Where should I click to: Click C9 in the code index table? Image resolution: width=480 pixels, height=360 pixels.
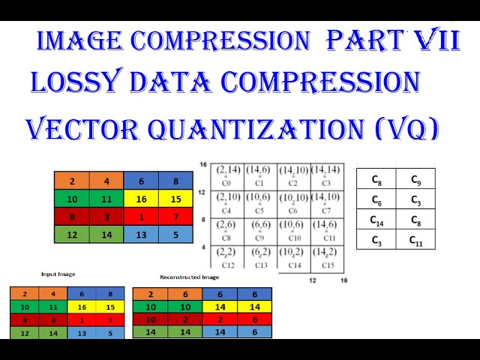coord(415,180)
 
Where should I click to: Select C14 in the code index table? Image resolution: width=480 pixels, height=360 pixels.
coord(376,220)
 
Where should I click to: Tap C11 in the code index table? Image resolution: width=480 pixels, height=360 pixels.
coord(415,241)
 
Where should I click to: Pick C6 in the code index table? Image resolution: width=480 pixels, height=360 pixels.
coord(376,200)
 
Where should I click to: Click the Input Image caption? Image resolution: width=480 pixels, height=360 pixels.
coord(58,274)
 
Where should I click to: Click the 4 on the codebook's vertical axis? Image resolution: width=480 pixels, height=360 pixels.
coord(203,247)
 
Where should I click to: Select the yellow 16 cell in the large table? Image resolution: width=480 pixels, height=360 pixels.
coord(141,199)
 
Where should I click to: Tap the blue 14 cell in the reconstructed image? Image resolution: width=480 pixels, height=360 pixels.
coord(219,331)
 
